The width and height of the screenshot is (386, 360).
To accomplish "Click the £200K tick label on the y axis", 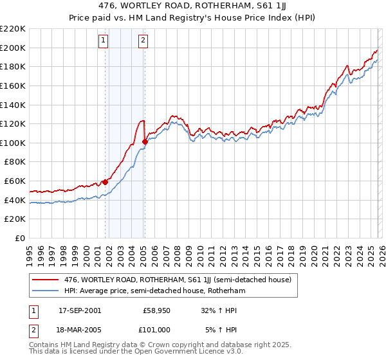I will tap(13, 48).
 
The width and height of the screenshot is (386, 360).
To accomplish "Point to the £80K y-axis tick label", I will tap(15, 162).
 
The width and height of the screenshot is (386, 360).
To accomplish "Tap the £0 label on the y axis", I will tap(21, 239).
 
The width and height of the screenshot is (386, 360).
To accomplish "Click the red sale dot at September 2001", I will tap(105, 182).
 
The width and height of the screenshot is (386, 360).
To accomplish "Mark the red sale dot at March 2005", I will tap(145, 142).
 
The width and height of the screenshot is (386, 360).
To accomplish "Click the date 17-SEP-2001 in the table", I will tap(80, 310).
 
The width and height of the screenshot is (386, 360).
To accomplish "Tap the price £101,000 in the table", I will tap(156, 330).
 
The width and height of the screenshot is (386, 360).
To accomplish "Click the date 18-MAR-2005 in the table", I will tap(80, 330).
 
